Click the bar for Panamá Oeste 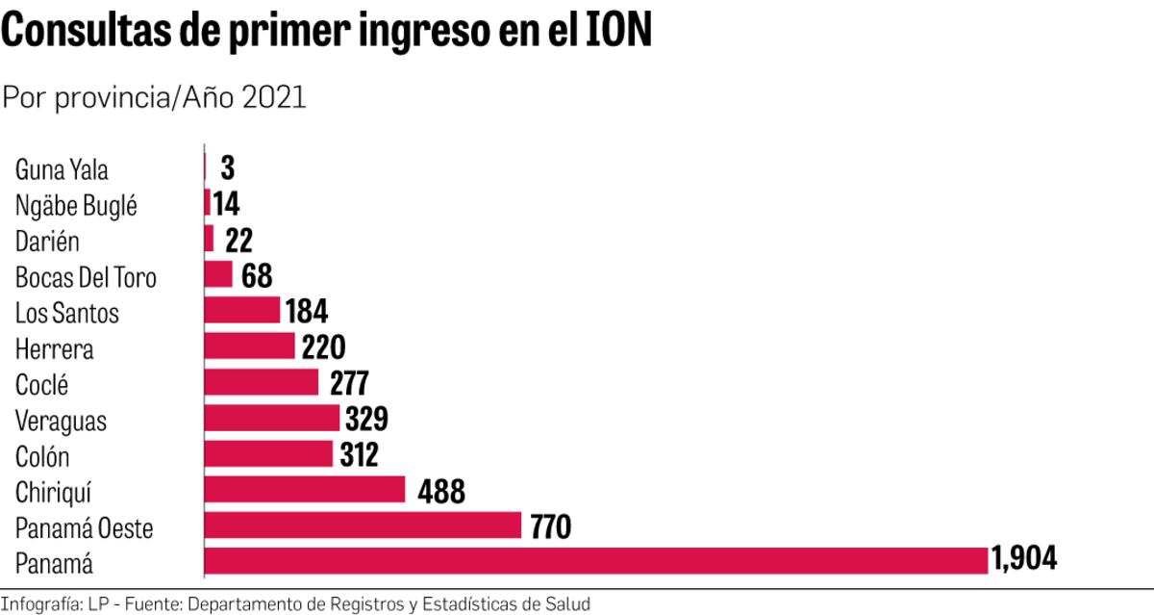[x=363, y=525]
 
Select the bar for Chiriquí [x=305, y=490]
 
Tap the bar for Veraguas [x=272, y=418]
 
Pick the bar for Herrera [x=250, y=346]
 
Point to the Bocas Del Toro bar [x=218, y=274]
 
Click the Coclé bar [x=262, y=382]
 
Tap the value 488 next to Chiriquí [x=441, y=492]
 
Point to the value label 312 [x=360, y=454]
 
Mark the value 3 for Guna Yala [x=227, y=168]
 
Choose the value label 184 [x=307, y=312]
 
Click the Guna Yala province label [x=62, y=171]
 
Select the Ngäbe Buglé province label [x=76, y=206]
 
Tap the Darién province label [x=47, y=242]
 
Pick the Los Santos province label [x=67, y=313]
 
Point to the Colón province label [x=42, y=456]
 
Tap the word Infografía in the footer [x=40, y=604]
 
